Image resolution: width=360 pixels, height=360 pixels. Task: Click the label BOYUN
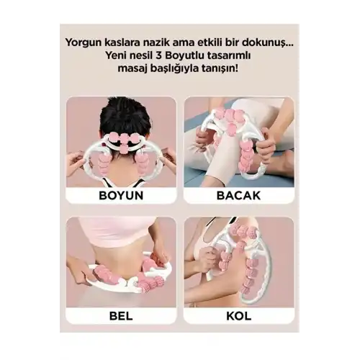[121, 195]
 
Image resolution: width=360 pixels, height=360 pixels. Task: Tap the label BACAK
[238, 195]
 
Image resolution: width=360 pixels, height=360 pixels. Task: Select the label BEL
[121, 316]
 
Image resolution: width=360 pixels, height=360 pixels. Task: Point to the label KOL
[239, 316]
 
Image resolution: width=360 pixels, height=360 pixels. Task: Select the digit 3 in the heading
[161, 56]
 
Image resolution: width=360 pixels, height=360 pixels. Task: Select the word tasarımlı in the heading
[231, 56]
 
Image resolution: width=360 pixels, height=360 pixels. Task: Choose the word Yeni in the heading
[117, 56]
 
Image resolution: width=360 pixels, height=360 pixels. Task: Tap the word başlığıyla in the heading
[174, 69]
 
